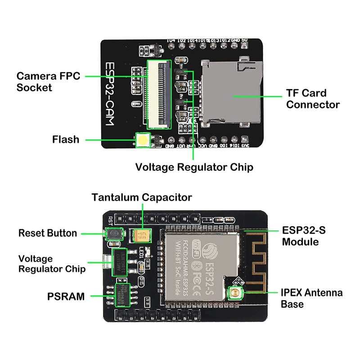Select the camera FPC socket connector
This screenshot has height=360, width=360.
point(159,94)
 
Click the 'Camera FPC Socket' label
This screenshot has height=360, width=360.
point(48,81)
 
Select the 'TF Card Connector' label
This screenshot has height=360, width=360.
point(313,99)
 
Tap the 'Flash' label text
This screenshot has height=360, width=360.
point(66,139)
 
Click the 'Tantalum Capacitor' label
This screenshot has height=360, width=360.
point(142,197)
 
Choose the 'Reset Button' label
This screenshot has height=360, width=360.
point(48,233)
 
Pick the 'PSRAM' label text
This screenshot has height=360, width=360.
point(66,296)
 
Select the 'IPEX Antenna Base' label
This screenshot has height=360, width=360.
point(311,298)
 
